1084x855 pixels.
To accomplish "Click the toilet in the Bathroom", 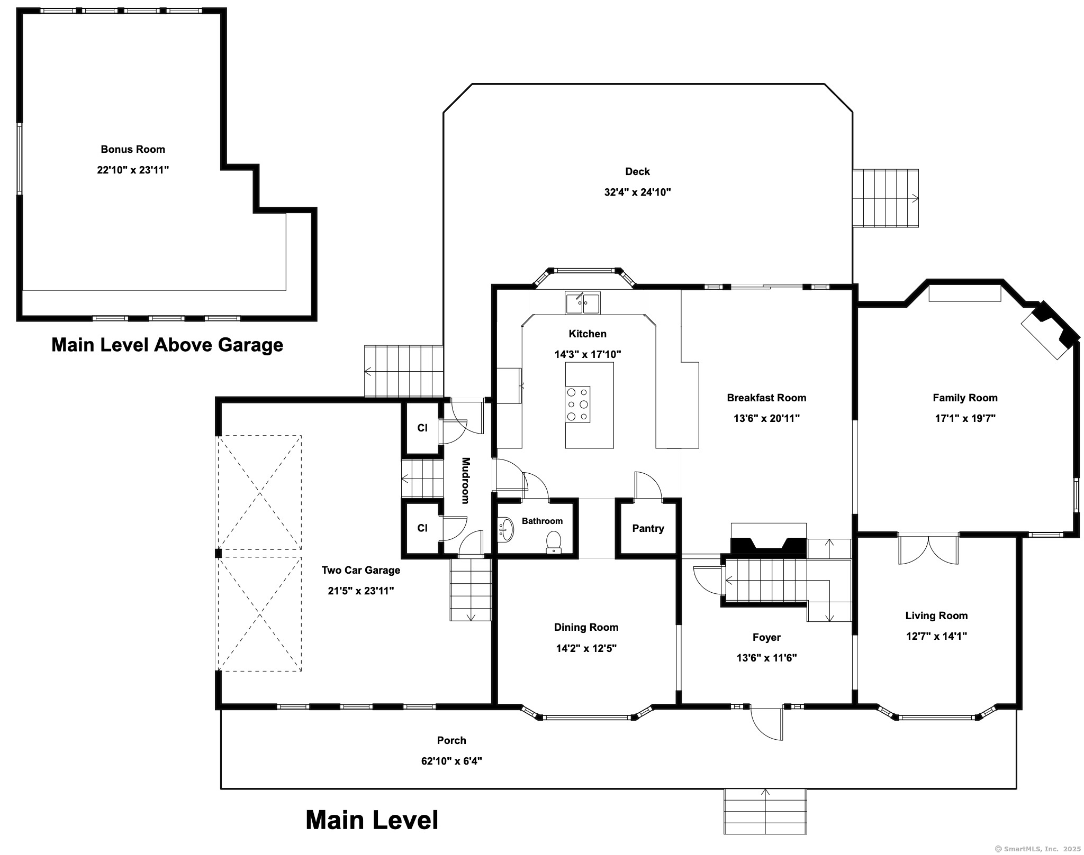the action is (553, 543).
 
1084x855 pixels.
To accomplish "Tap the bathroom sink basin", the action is (507, 530).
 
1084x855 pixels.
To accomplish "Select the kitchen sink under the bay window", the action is (582, 303).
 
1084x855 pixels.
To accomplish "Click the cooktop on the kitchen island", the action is (577, 404).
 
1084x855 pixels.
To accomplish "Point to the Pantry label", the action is (648, 528).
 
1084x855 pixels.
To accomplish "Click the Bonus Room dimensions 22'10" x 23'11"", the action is (133, 170).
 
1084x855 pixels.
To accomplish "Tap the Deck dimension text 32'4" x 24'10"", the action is (637, 192).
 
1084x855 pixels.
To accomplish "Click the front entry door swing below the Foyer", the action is (766, 723).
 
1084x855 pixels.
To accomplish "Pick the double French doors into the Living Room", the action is (928, 550).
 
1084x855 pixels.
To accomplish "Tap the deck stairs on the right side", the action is (886, 198).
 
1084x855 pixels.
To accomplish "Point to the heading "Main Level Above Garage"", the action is (167, 345).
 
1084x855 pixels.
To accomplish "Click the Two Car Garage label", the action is (361, 570).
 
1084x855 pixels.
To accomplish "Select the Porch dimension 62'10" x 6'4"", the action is (451, 761).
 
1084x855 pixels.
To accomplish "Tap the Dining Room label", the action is (586, 627).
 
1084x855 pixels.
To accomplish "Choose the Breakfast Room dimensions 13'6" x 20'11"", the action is (766, 418).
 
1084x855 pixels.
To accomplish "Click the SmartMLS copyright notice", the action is (1037, 849).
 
